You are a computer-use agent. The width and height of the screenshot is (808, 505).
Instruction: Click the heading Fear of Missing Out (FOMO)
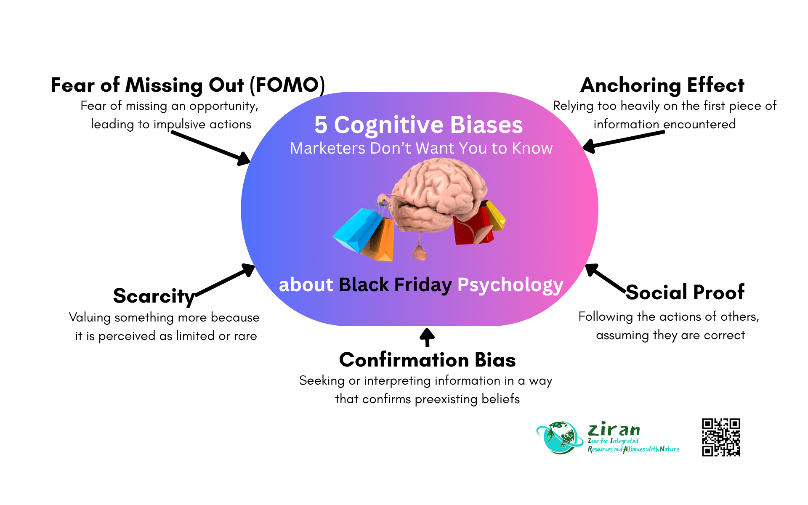point(188,85)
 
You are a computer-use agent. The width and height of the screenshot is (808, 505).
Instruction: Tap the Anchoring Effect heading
point(662,85)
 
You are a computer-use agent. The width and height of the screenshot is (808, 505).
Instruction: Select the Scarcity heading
point(154,296)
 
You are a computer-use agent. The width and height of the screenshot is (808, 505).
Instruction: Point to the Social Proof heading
point(685,292)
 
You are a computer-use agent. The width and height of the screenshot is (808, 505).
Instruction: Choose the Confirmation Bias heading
point(427,360)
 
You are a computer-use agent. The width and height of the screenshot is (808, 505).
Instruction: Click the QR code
point(721,437)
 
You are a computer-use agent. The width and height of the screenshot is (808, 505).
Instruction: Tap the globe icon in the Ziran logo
point(559,438)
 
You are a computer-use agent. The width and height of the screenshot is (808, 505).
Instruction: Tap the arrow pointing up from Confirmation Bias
point(427,337)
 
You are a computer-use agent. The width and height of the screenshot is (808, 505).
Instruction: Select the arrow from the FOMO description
point(210,147)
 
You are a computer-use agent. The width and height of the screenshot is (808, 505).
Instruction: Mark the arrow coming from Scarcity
point(225,280)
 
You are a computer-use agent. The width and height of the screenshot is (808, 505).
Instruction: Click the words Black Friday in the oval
point(395,285)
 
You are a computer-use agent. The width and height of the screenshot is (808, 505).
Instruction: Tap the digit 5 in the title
point(321,125)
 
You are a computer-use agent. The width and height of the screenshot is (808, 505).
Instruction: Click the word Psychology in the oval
point(510,285)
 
